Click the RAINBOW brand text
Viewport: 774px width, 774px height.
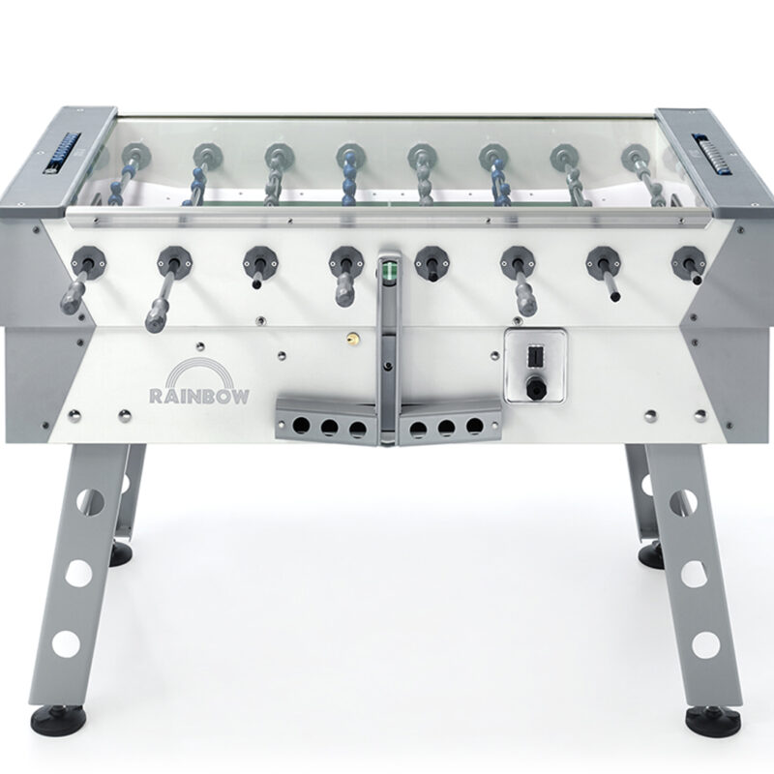coord(199,396)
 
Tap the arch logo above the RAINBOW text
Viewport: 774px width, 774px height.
coord(199,368)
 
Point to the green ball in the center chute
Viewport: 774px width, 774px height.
coord(390,271)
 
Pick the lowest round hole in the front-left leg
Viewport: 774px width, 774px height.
coord(66,643)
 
